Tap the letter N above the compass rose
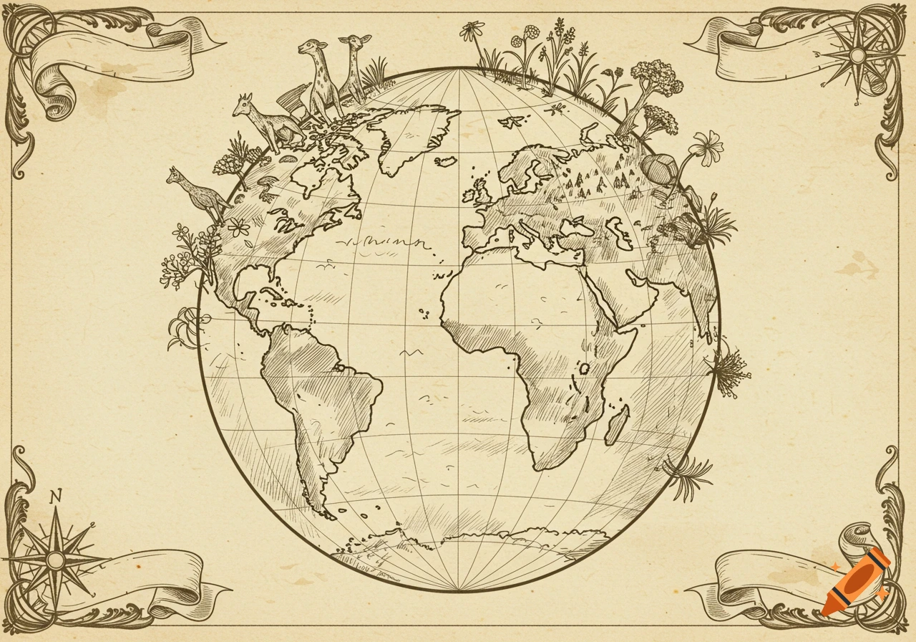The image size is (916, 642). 56,495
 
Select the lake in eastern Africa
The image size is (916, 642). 584,368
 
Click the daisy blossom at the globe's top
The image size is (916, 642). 471,30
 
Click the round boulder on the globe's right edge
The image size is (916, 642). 659,169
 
